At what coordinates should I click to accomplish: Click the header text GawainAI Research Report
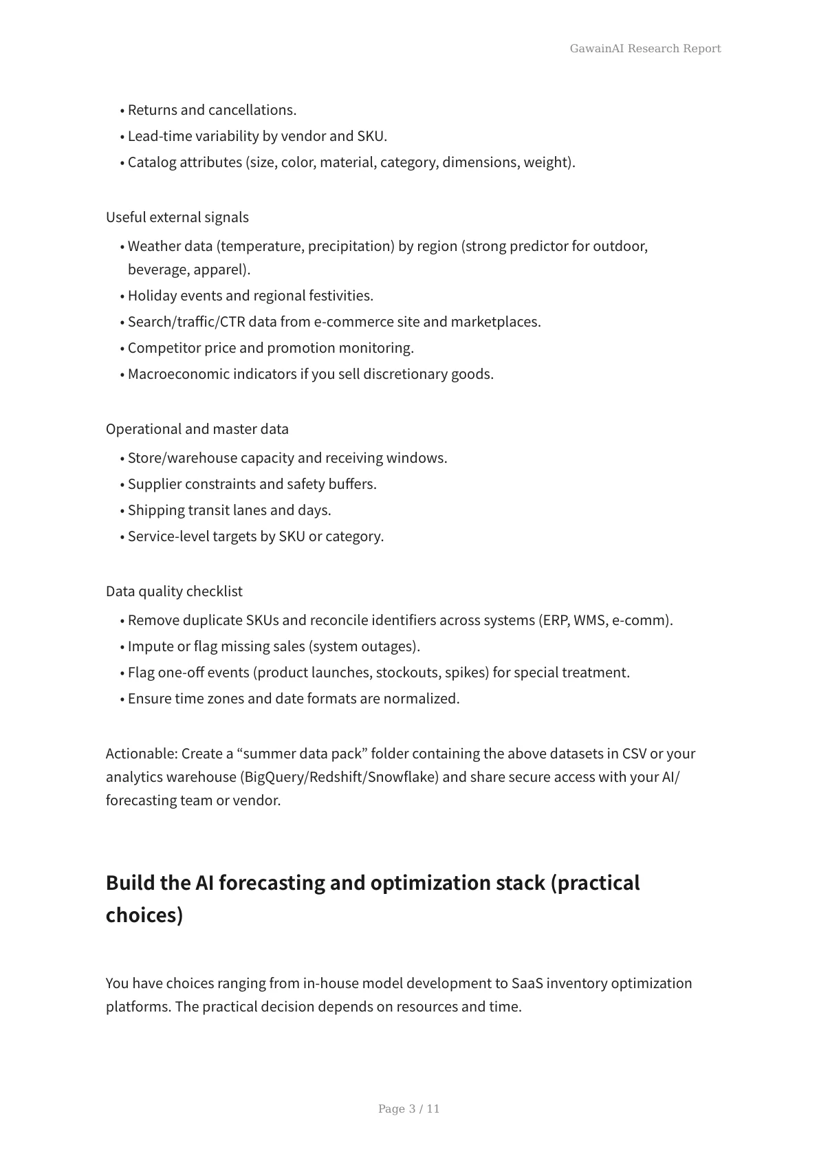[645, 48]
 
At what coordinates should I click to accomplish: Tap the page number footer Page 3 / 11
[408, 1108]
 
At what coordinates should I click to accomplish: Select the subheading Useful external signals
[177, 217]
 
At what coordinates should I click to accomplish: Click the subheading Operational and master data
[197, 429]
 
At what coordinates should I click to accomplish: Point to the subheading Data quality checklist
[174, 591]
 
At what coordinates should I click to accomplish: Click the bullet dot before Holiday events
[122, 296]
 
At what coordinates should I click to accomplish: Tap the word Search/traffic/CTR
[186, 322]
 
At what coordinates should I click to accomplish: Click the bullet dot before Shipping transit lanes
[122, 511]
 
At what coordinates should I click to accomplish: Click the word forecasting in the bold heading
[272, 883]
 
